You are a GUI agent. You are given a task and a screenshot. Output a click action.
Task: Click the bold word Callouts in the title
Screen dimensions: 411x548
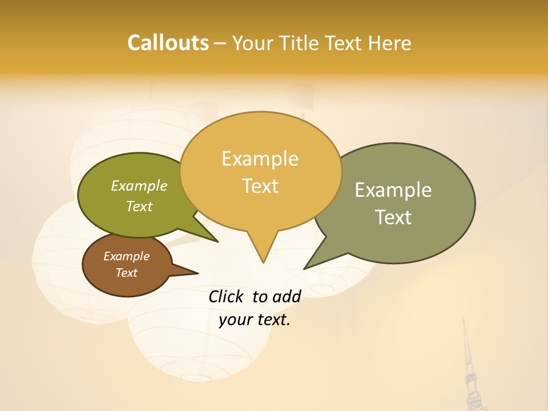(168, 43)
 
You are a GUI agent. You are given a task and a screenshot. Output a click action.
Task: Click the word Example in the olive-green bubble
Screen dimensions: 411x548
(139, 186)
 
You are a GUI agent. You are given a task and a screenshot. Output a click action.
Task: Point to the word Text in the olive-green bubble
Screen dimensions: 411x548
(139, 206)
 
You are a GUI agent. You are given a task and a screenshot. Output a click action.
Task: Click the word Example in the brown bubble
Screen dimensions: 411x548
(126, 256)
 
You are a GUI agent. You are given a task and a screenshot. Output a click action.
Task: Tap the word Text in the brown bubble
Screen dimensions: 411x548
(126, 273)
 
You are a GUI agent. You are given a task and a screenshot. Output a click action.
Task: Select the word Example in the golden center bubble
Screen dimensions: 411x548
(260, 159)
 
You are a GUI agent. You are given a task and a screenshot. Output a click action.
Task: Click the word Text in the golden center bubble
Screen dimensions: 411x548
(260, 186)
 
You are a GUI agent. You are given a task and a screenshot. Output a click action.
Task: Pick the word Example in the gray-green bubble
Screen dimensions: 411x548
(393, 190)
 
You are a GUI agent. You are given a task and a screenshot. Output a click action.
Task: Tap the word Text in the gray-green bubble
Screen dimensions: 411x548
(393, 217)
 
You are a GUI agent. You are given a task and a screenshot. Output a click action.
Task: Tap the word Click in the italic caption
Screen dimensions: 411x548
(227, 296)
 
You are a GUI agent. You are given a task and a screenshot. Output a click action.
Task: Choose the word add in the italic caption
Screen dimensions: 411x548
(287, 296)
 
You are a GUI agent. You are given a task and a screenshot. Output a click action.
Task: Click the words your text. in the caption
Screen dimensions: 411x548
(255, 320)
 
